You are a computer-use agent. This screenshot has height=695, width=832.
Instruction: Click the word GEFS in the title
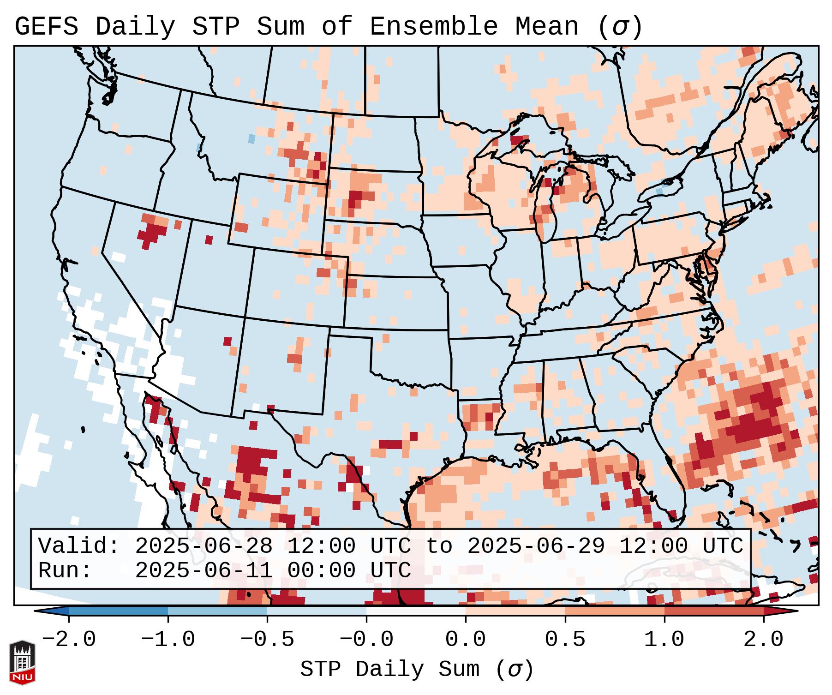[x=46, y=27]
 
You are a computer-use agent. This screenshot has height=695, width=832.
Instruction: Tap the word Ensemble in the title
[x=433, y=27]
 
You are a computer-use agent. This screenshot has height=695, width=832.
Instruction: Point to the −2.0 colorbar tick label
[x=69, y=640]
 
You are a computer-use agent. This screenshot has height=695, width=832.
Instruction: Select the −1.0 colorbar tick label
[x=168, y=640]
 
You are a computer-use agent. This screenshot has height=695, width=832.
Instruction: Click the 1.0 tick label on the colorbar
[x=664, y=640]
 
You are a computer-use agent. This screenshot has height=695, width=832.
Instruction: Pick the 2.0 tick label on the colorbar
[x=763, y=640]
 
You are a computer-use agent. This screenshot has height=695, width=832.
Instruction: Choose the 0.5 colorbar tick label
[x=565, y=640]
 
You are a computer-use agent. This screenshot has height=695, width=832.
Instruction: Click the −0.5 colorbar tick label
[x=267, y=640]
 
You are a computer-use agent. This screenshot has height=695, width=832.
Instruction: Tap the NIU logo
[x=22, y=662]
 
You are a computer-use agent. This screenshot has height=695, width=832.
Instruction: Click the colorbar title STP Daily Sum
[x=389, y=669]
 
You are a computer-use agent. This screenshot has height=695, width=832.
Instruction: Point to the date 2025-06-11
[x=204, y=570]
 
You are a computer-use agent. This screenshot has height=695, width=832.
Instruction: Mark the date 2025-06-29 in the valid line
[x=536, y=546]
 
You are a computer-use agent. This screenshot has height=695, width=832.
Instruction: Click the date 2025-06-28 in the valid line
[x=204, y=546]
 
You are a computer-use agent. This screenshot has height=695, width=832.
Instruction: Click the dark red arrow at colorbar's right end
[x=781, y=611]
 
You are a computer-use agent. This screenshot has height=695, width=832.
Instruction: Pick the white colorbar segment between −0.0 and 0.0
[x=416, y=611]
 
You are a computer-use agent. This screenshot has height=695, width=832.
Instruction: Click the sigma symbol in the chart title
[x=620, y=27]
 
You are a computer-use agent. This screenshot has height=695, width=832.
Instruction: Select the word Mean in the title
[x=546, y=27]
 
